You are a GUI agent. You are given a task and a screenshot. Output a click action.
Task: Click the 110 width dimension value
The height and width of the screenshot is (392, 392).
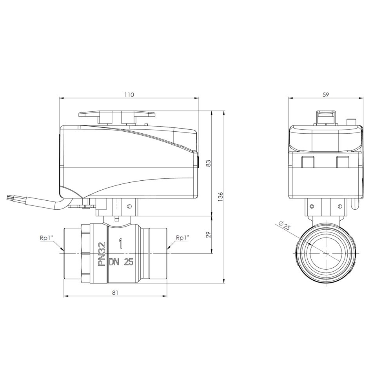coord(129,95)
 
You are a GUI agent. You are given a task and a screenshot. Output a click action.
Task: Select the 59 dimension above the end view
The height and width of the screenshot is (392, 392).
coord(326,95)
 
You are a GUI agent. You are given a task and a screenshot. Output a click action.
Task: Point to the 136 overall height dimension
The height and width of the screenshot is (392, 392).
coord(220,197)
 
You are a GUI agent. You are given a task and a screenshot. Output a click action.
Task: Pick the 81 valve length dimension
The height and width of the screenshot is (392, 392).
coord(115,292)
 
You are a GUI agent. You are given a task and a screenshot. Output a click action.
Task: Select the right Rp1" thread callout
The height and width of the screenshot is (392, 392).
coord(182,238)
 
